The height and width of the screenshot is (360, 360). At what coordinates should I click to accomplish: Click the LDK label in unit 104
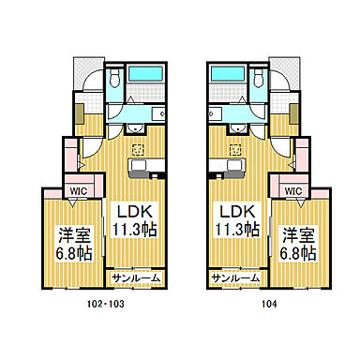click(229, 209)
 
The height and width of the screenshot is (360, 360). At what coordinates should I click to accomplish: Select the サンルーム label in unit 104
click(233, 278)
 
